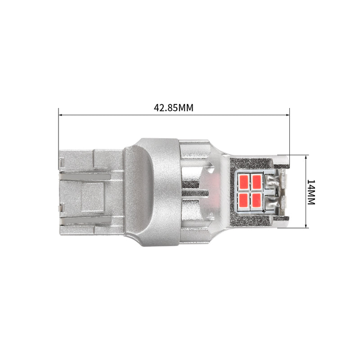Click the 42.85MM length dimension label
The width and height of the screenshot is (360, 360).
174,108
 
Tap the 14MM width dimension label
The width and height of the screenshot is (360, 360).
311,192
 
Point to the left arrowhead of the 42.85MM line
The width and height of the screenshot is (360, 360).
60,115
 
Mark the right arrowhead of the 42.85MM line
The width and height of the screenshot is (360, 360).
288,115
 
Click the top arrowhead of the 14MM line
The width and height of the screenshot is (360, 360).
306,157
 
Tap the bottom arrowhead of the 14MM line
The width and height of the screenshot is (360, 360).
306,226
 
